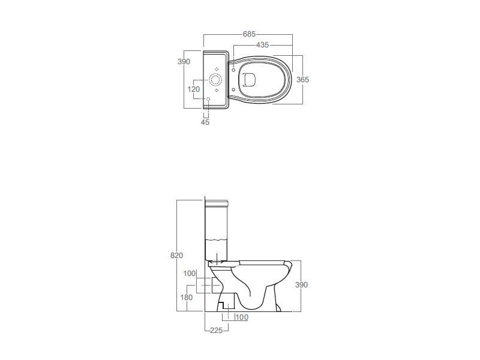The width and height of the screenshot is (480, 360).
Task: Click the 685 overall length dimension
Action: tap(249, 34)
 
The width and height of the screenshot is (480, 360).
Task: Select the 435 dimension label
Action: tap(262, 45)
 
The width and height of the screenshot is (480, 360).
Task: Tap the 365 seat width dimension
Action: tap(303, 80)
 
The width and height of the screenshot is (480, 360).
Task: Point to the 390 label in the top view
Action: tap(184, 62)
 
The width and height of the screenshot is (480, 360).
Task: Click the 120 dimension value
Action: tap(193, 89)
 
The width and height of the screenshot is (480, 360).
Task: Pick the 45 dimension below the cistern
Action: tap(205, 122)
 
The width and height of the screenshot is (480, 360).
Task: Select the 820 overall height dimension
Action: tap(176, 256)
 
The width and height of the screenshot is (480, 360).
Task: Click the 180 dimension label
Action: tap(187, 297)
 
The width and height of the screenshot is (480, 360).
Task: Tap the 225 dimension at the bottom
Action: tap(216, 331)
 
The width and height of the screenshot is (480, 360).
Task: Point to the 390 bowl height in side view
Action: tap(301, 284)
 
